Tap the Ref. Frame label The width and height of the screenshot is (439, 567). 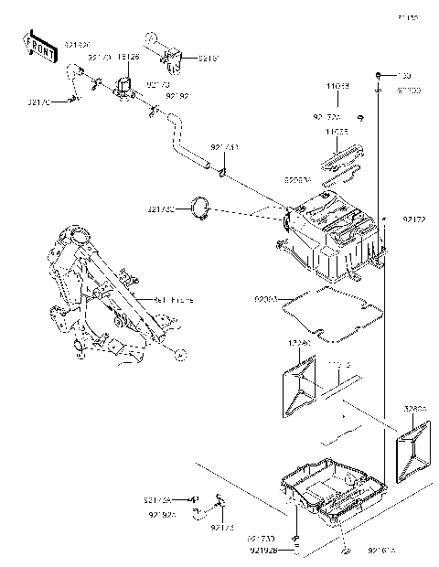pos(173,299)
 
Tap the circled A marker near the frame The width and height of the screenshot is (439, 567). pos(181,353)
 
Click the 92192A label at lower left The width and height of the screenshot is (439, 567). pos(156,515)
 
